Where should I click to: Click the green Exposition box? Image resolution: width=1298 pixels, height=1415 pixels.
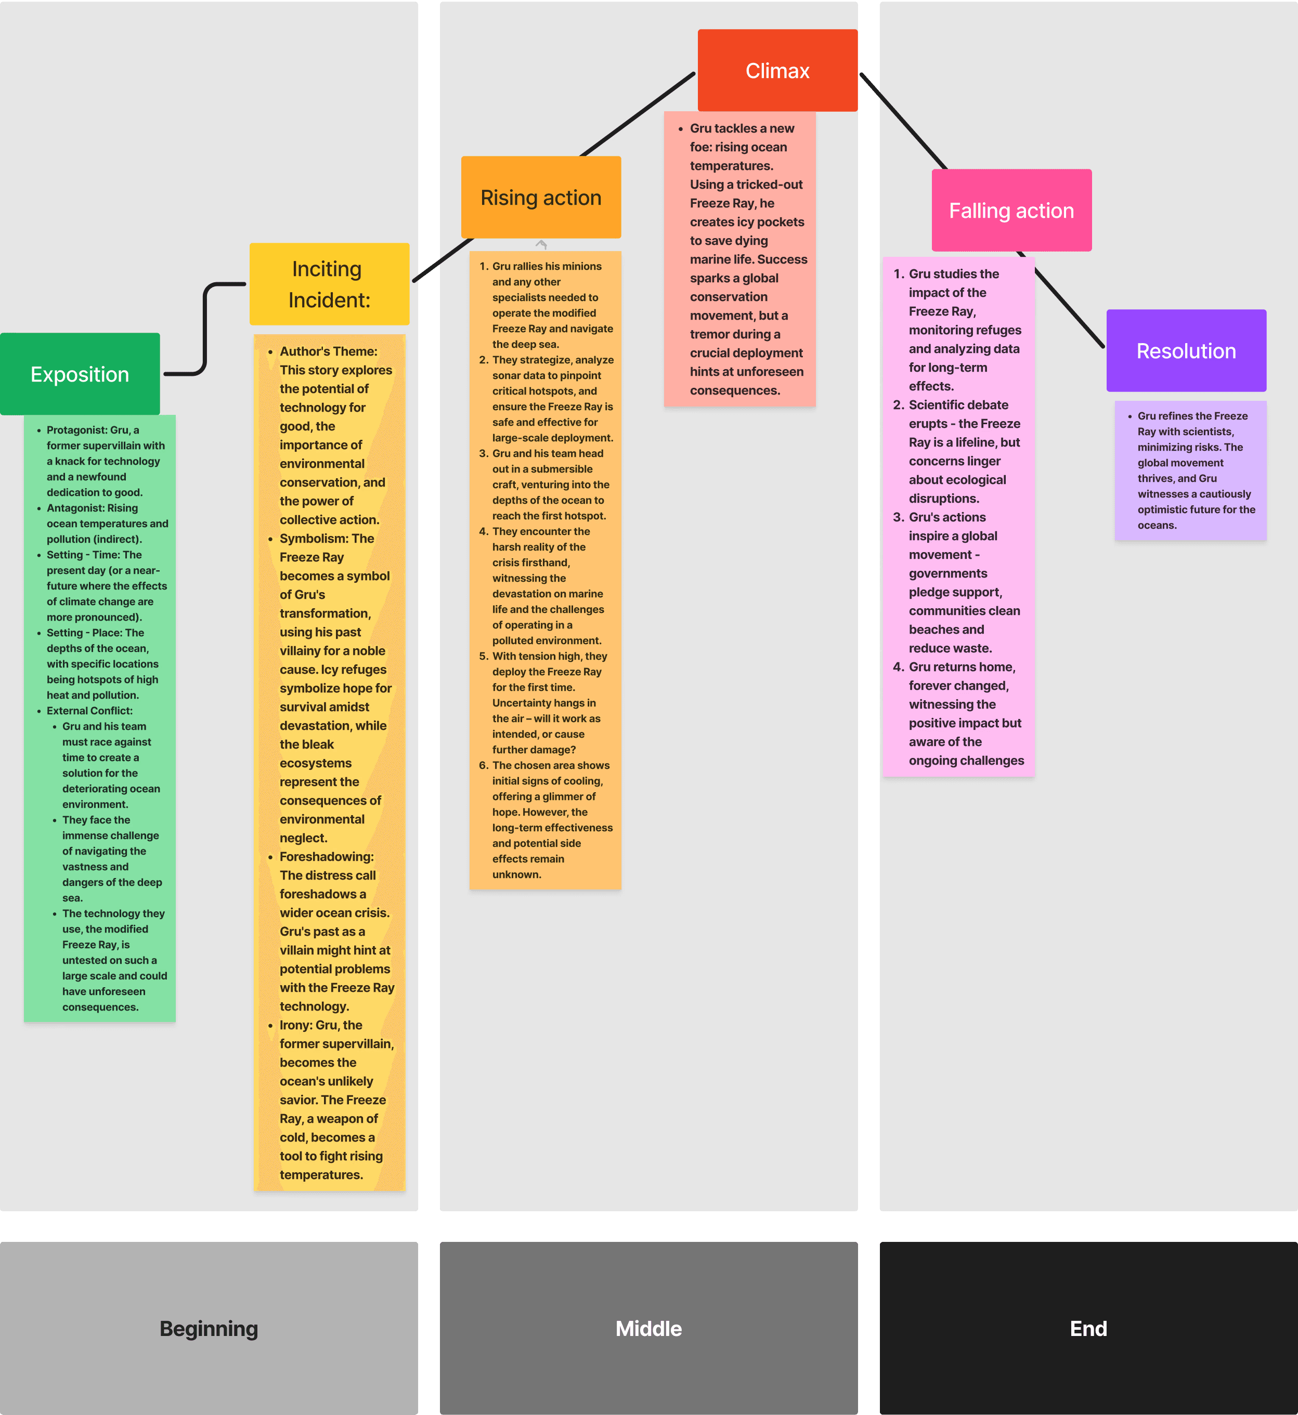(x=80, y=374)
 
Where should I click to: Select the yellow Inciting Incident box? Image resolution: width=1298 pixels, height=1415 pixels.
(x=329, y=284)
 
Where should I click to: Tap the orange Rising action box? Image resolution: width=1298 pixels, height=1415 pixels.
(x=541, y=198)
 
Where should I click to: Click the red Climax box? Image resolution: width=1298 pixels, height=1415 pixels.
(x=777, y=70)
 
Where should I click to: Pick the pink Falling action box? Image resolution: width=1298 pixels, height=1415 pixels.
(x=1011, y=211)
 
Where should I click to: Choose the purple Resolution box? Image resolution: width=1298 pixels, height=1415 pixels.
(x=1186, y=351)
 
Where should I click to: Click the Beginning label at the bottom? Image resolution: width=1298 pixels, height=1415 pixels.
(x=209, y=1329)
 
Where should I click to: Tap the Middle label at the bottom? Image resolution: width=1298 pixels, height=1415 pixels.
(x=648, y=1329)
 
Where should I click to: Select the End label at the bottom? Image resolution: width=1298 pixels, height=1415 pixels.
(x=1088, y=1329)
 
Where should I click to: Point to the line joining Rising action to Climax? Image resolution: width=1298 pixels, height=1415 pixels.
(x=638, y=114)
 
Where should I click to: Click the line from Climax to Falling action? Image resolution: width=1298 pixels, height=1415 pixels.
(x=903, y=121)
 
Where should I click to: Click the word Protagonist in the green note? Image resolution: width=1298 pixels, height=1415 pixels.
(x=76, y=430)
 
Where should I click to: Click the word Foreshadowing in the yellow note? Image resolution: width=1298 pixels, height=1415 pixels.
(x=326, y=857)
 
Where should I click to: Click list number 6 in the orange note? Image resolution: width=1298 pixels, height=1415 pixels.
(x=483, y=765)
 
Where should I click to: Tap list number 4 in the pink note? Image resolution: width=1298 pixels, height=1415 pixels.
(x=898, y=667)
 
